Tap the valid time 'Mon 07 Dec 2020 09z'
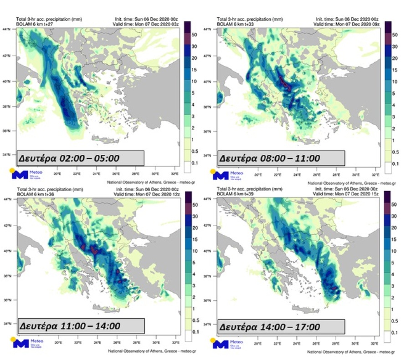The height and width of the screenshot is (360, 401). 346,24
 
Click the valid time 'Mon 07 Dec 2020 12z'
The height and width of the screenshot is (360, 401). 146,194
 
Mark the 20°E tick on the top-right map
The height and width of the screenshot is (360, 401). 258,175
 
